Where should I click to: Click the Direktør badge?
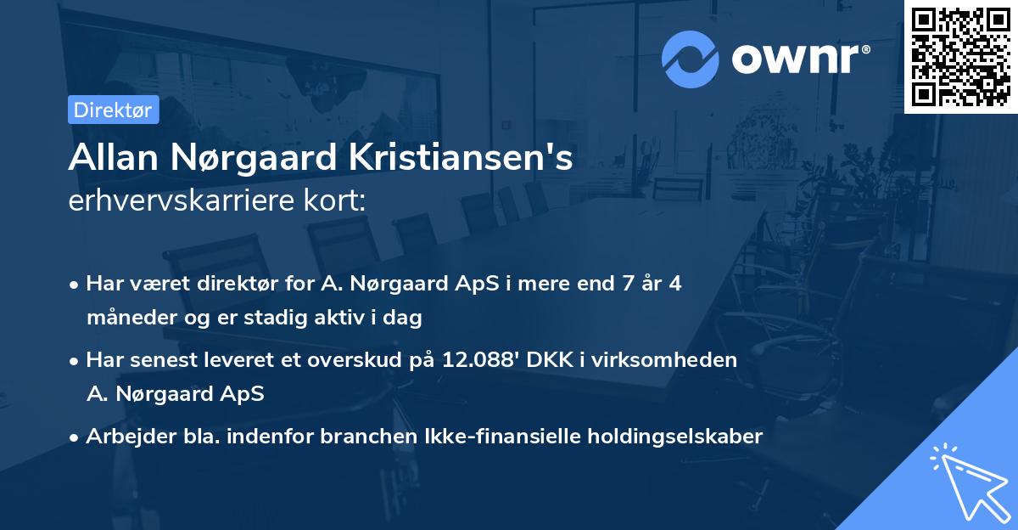coord(113,110)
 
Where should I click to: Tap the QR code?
coord(961,57)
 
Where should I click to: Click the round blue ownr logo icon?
coord(691,59)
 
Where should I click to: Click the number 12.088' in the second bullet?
coord(476,360)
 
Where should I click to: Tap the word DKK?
coord(549,360)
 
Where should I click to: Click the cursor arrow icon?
coord(966,480)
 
